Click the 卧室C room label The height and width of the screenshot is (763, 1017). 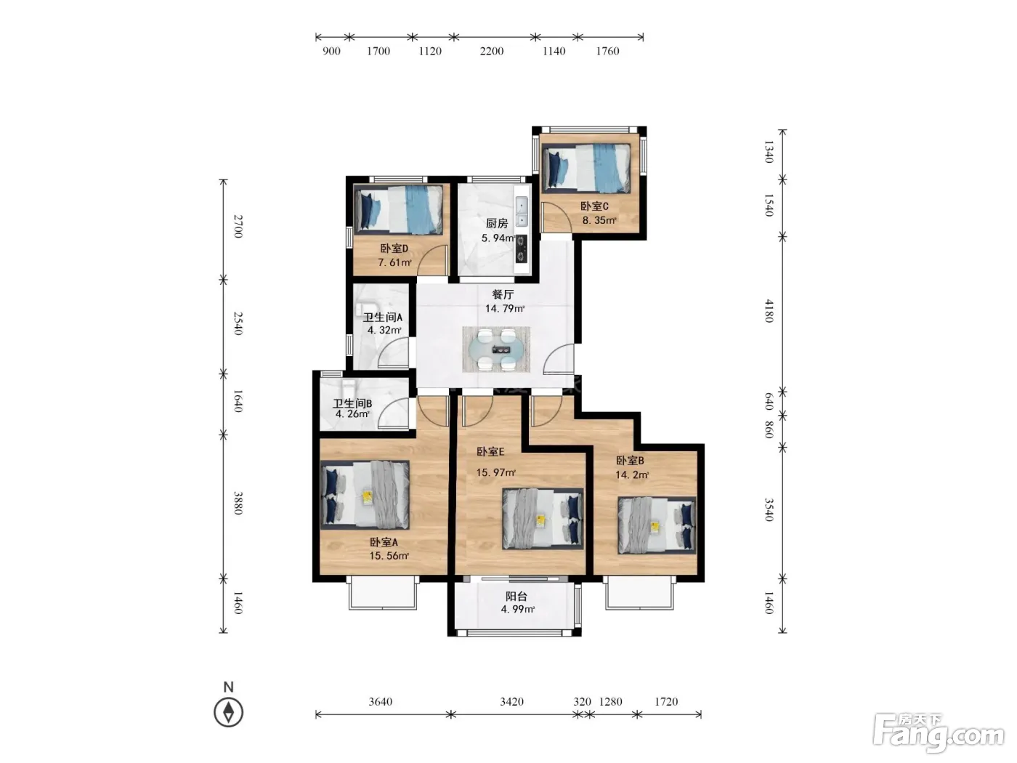pos(594,206)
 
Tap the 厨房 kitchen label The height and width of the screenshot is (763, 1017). pos(497,223)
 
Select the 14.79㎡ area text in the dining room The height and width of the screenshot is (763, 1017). pos(505,309)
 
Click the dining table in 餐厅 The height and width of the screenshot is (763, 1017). pos(496,350)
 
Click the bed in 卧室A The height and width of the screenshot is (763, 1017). pos(365,495)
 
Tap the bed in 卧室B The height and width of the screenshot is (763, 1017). pos(657,525)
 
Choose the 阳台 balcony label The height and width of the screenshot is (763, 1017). pos(516,596)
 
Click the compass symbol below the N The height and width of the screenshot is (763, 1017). pos(228,712)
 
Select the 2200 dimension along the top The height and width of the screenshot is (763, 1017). pos(492,51)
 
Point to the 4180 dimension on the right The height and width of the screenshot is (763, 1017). pos(769,311)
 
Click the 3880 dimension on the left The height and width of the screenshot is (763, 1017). pos(238,503)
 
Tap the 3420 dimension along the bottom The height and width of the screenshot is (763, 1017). pos(511,701)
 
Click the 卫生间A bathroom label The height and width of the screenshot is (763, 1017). pos(382,318)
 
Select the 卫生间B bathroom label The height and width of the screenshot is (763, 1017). pos(352,403)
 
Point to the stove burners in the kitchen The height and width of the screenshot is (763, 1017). pos(522,249)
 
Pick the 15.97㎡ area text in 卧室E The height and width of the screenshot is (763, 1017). pos(495,472)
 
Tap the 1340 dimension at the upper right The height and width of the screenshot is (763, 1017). pos(769,152)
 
